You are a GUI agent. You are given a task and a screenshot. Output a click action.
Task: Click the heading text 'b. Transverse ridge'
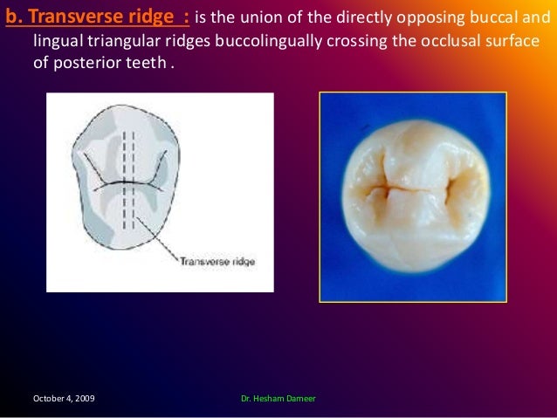point(89,15)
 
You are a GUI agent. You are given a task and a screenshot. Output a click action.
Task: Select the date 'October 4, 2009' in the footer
point(64,398)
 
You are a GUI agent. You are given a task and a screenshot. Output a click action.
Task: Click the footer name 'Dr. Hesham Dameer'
point(278,398)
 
